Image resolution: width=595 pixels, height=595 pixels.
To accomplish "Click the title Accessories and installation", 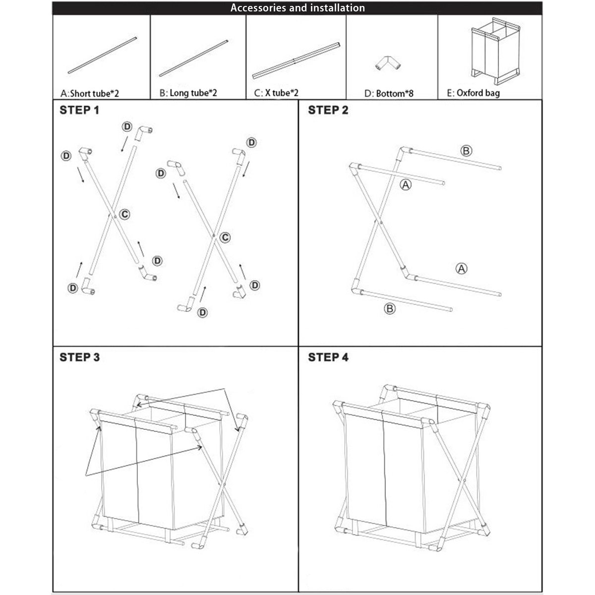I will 297,8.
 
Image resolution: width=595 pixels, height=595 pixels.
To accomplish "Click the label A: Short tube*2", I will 90,93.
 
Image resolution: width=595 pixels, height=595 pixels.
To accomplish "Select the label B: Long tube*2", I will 189,93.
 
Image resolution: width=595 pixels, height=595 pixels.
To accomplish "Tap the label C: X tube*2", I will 276,93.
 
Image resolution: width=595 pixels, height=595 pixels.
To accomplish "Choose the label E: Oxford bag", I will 474,93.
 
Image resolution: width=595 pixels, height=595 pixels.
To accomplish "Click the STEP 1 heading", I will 79,110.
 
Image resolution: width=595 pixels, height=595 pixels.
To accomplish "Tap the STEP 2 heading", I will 328,110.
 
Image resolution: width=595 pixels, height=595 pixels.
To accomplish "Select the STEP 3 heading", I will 79,357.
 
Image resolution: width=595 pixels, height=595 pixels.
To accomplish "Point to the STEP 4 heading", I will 328,357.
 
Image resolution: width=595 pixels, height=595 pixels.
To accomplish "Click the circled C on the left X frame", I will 125,214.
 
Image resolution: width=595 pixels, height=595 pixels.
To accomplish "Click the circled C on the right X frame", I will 225,238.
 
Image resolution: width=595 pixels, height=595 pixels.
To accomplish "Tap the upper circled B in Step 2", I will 466,151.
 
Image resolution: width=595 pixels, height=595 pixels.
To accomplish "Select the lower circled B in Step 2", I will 390,309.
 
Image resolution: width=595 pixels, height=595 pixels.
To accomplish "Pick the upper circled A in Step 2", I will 406,185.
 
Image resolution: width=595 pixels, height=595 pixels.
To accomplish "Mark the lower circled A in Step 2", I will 461,269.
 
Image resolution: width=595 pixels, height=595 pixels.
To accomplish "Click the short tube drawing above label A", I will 101,55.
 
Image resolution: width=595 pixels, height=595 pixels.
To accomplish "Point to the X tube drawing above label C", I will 296,60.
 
